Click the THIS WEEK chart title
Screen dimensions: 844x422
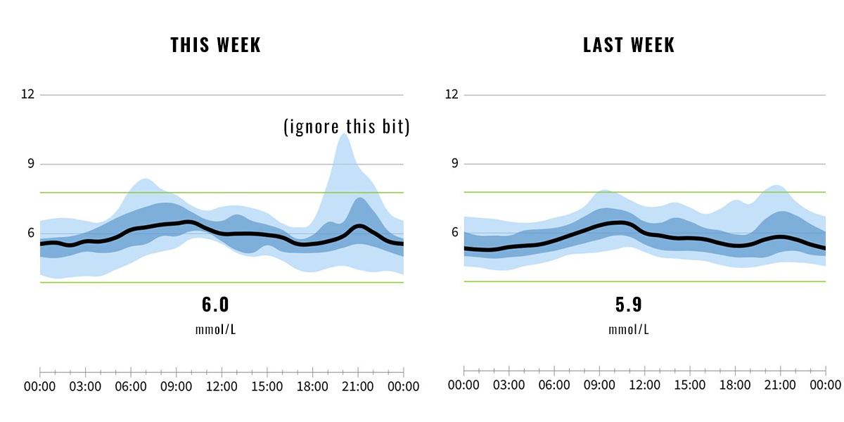tap(215, 45)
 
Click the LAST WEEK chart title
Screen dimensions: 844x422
tap(629, 45)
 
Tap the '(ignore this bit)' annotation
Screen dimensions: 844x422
tap(346, 127)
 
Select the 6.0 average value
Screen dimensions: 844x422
tap(215, 305)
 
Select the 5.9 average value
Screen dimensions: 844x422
tap(629, 305)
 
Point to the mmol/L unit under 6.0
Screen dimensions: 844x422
tap(215, 329)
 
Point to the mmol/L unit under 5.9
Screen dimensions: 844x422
tap(629, 329)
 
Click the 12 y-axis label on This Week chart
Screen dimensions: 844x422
tap(27, 94)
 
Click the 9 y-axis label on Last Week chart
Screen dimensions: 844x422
tap(455, 163)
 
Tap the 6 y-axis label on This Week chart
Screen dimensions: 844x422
tap(30, 233)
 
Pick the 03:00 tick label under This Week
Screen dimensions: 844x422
tap(85, 387)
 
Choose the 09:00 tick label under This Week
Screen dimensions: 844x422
tap(176, 387)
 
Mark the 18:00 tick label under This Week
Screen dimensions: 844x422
tap(312, 387)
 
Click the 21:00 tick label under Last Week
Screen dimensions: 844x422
tap(780, 385)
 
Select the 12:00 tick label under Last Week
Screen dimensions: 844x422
tap(644, 385)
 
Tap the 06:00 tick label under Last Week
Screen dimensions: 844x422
tap(554, 385)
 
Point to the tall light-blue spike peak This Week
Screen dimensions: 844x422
tap(344, 135)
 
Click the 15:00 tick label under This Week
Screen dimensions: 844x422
tap(267, 387)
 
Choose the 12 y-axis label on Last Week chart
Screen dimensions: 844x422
tap(452, 94)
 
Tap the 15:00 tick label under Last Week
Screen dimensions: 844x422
tap(689, 385)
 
